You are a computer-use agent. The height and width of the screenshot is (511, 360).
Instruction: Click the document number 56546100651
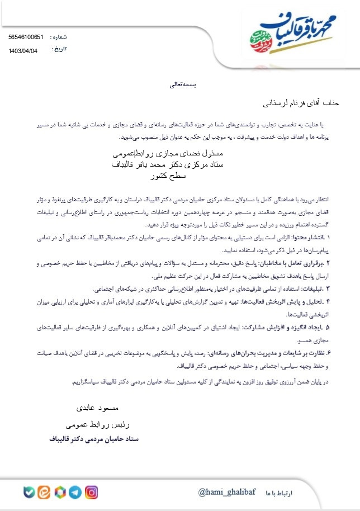(x=26, y=37)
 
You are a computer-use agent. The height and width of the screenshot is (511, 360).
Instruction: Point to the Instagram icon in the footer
(x=91, y=493)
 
